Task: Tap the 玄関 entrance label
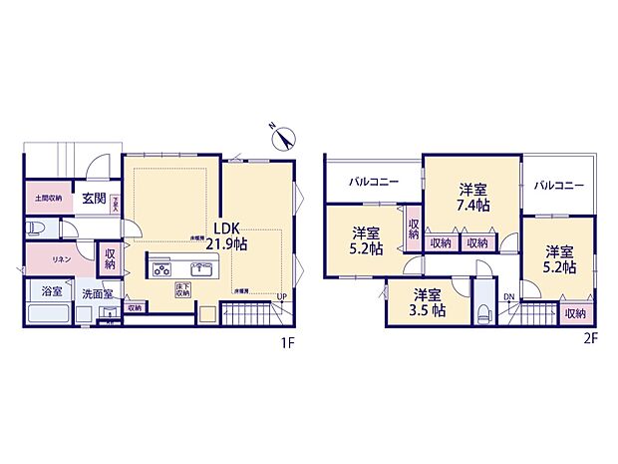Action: point(95,199)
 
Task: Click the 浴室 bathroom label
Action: point(51,292)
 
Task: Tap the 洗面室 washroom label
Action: point(98,295)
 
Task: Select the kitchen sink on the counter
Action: point(205,267)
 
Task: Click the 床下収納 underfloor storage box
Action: point(183,290)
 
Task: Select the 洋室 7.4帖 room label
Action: point(473,197)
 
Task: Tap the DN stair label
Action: point(508,297)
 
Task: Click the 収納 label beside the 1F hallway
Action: point(110,259)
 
